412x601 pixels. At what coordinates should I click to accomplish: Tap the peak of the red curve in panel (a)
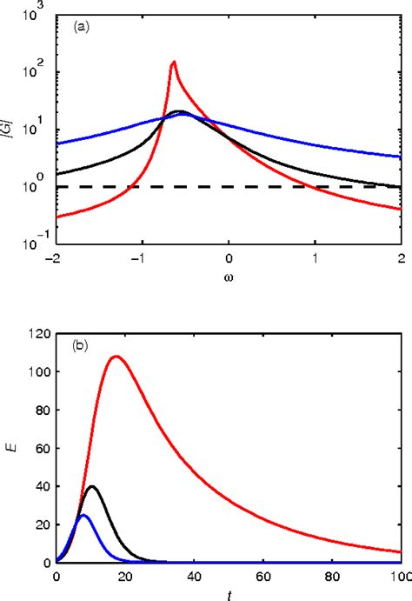tap(174, 62)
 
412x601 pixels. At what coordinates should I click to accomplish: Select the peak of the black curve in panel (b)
tap(91, 486)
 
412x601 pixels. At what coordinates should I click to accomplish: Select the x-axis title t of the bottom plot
tap(229, 593)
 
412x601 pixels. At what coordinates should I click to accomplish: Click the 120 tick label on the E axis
tap(38, 332)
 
